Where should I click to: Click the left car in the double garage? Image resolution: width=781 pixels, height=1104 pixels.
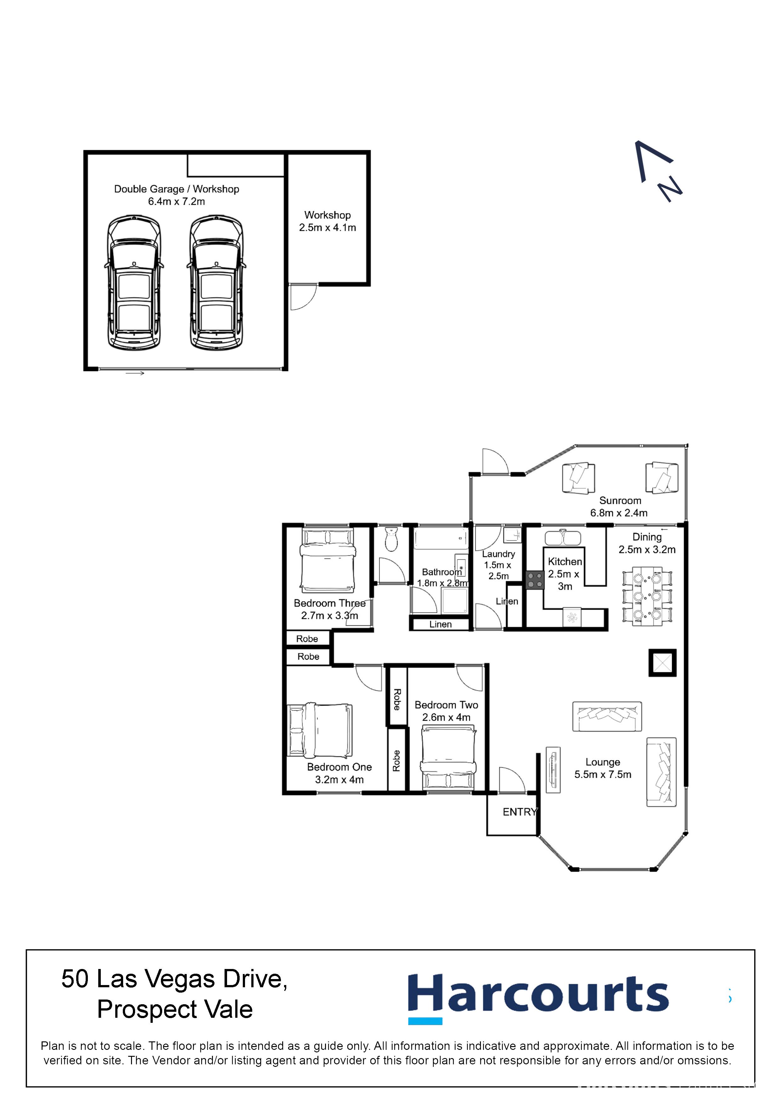(134, 283)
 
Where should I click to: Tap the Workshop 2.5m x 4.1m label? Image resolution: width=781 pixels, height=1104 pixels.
(327, 221)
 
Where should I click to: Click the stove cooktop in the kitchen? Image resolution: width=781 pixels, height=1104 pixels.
(535, 580)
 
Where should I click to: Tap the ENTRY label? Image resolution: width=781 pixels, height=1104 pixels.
(519, 812)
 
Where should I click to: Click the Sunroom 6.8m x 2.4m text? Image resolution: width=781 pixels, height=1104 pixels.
(619, 507)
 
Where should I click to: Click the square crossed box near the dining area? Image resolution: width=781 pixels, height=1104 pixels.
(662, 662)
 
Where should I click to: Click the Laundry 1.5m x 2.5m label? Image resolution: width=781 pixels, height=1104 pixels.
(498, 565)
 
